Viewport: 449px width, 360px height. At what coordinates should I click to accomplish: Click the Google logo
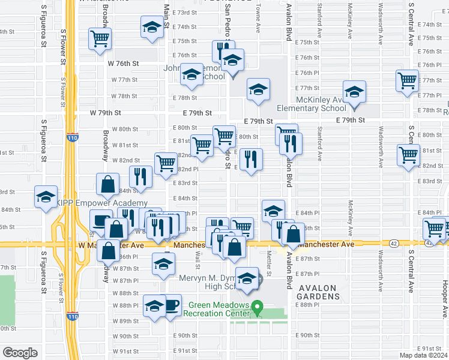(20, 353)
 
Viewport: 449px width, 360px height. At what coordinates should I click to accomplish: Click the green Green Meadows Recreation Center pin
(258, 307)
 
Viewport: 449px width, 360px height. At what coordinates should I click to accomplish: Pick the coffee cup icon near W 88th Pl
(172, 304)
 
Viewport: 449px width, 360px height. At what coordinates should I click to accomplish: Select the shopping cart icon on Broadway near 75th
(100, 38)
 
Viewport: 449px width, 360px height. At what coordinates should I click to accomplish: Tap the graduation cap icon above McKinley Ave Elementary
(354, 91)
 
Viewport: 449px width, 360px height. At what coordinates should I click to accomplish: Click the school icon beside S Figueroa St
(46, 197)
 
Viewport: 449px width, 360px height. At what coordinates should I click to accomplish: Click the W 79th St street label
(106, 112)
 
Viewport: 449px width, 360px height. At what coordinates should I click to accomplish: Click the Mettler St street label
(269, 258)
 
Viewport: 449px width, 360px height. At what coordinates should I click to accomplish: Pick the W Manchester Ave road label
(111, 245)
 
